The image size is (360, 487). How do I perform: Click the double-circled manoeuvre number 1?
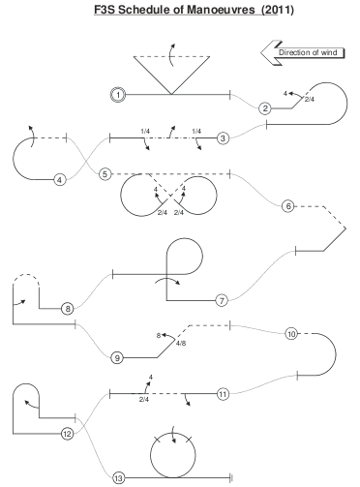pyautogui.click(x=118, y=95)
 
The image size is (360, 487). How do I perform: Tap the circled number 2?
pyautogui.click(x=265, y=108)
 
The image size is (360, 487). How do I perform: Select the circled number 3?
pyautogui.click(x=223, y=138)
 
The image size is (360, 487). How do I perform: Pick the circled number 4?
pyautogui.click(x=60, y=180)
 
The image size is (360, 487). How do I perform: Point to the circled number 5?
pyautogui.click(x=105, y=174)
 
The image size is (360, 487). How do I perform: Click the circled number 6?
pyautogui.click(x=288, y=206)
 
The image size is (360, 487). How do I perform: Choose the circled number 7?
pyautogui.click(x=222, y=301)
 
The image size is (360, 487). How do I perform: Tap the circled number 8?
pyautogui.click(x=68, y=309)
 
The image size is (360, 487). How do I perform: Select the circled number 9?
pyautogui.click(x=117, y=357)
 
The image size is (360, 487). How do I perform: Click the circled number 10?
pyautogui.click(x=291, y=334)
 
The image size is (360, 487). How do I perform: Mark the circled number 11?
pyautogui.click(x=223, y=394)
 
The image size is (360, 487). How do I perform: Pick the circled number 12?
pyautogui.click(x=67, y=434)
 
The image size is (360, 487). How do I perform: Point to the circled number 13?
pyautogui.click(x=118, y=478)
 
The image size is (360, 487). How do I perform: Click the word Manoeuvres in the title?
pyautogui.click(x=221, y=10)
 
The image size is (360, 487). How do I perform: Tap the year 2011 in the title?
pyautogui.click(x=278, y=10)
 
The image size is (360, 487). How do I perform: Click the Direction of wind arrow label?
pyautogui.click(x=308, y=52)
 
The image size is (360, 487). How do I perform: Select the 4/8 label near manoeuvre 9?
pyautogui.click(x=181, y=343)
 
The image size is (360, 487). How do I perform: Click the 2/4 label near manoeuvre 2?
pyautogui.click(x=310, y=100)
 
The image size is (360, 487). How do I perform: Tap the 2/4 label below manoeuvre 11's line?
pyautogui.click(x=144, y=400)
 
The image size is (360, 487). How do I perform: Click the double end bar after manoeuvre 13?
pyautogui.click(x=231, y=478)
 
